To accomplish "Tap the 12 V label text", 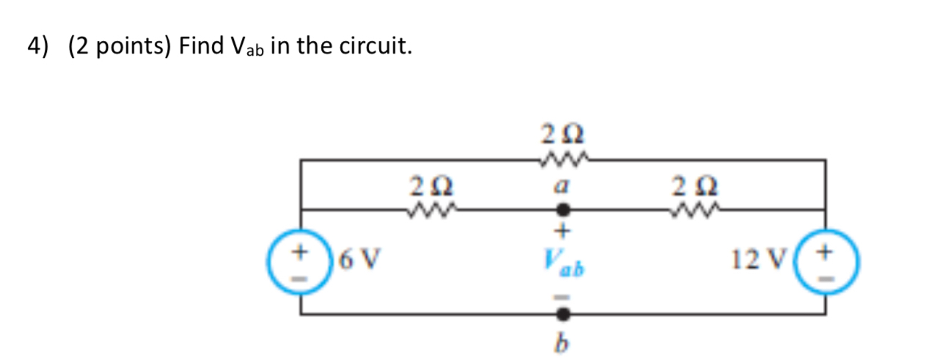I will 758,259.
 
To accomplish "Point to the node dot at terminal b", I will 562,315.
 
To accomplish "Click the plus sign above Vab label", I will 562,232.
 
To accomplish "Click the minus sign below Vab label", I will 562,295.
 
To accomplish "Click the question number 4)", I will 38,48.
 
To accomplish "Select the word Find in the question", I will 202,47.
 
